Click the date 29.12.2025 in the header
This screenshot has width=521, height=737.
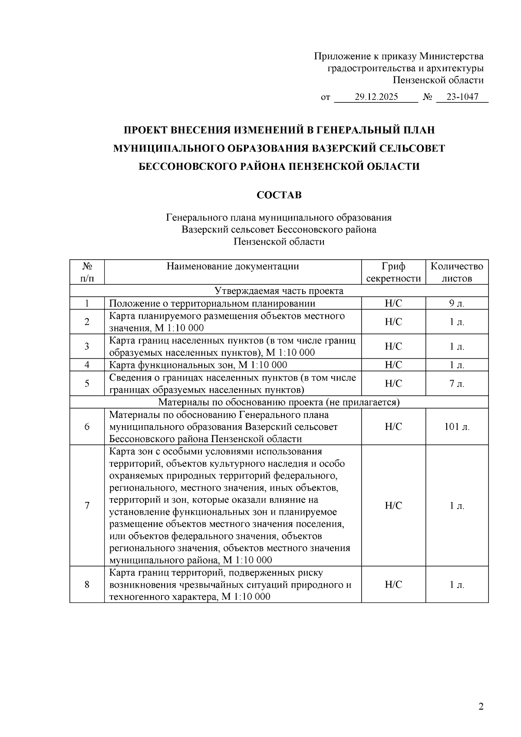376,97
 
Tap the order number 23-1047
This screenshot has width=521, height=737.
462,97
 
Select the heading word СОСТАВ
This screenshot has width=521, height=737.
279,195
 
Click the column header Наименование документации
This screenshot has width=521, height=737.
233,266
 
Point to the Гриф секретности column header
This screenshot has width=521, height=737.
393,272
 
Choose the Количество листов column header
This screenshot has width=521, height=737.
457,272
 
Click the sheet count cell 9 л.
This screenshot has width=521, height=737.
457,304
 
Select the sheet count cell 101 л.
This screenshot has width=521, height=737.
457,427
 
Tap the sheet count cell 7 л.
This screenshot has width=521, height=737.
457,383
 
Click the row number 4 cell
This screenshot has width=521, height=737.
87,365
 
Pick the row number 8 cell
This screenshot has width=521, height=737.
87,585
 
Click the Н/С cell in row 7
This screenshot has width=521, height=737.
393,506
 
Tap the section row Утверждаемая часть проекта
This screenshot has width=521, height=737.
279,291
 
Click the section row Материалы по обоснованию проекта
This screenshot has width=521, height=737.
279,402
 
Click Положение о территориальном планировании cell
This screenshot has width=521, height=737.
212,304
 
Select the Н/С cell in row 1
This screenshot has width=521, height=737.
393,304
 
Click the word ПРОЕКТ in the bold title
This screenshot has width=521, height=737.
145,130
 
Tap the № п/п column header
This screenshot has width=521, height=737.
87,272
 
